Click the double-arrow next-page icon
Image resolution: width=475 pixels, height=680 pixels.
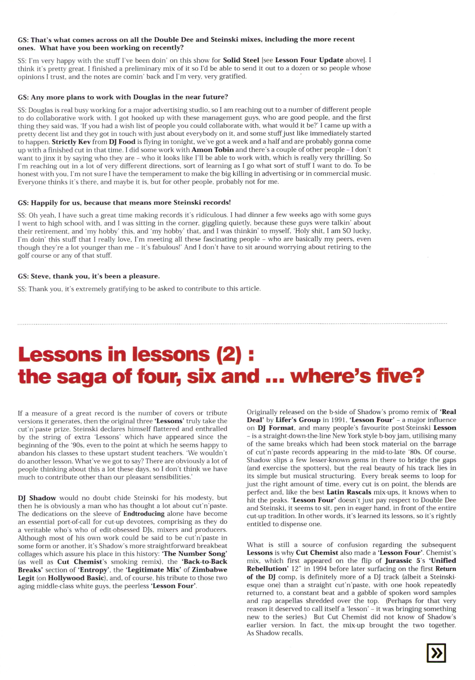(x=437, y=653)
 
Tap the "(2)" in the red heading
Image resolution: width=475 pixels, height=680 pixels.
(x=229, y=354)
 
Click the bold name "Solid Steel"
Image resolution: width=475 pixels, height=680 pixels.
(x=241, y=60)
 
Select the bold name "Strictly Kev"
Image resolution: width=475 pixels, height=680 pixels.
(x=71, y=142)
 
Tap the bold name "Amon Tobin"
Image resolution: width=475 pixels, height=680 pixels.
(x=212, y=150)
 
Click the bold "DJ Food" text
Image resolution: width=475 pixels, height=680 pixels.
(x=122, y=142)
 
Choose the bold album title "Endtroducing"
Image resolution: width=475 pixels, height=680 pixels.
(x=143, y=513)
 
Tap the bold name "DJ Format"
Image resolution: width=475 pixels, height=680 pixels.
(x=275, y=428)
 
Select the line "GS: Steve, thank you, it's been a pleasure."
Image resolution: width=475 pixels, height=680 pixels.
(x=89, y=276)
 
